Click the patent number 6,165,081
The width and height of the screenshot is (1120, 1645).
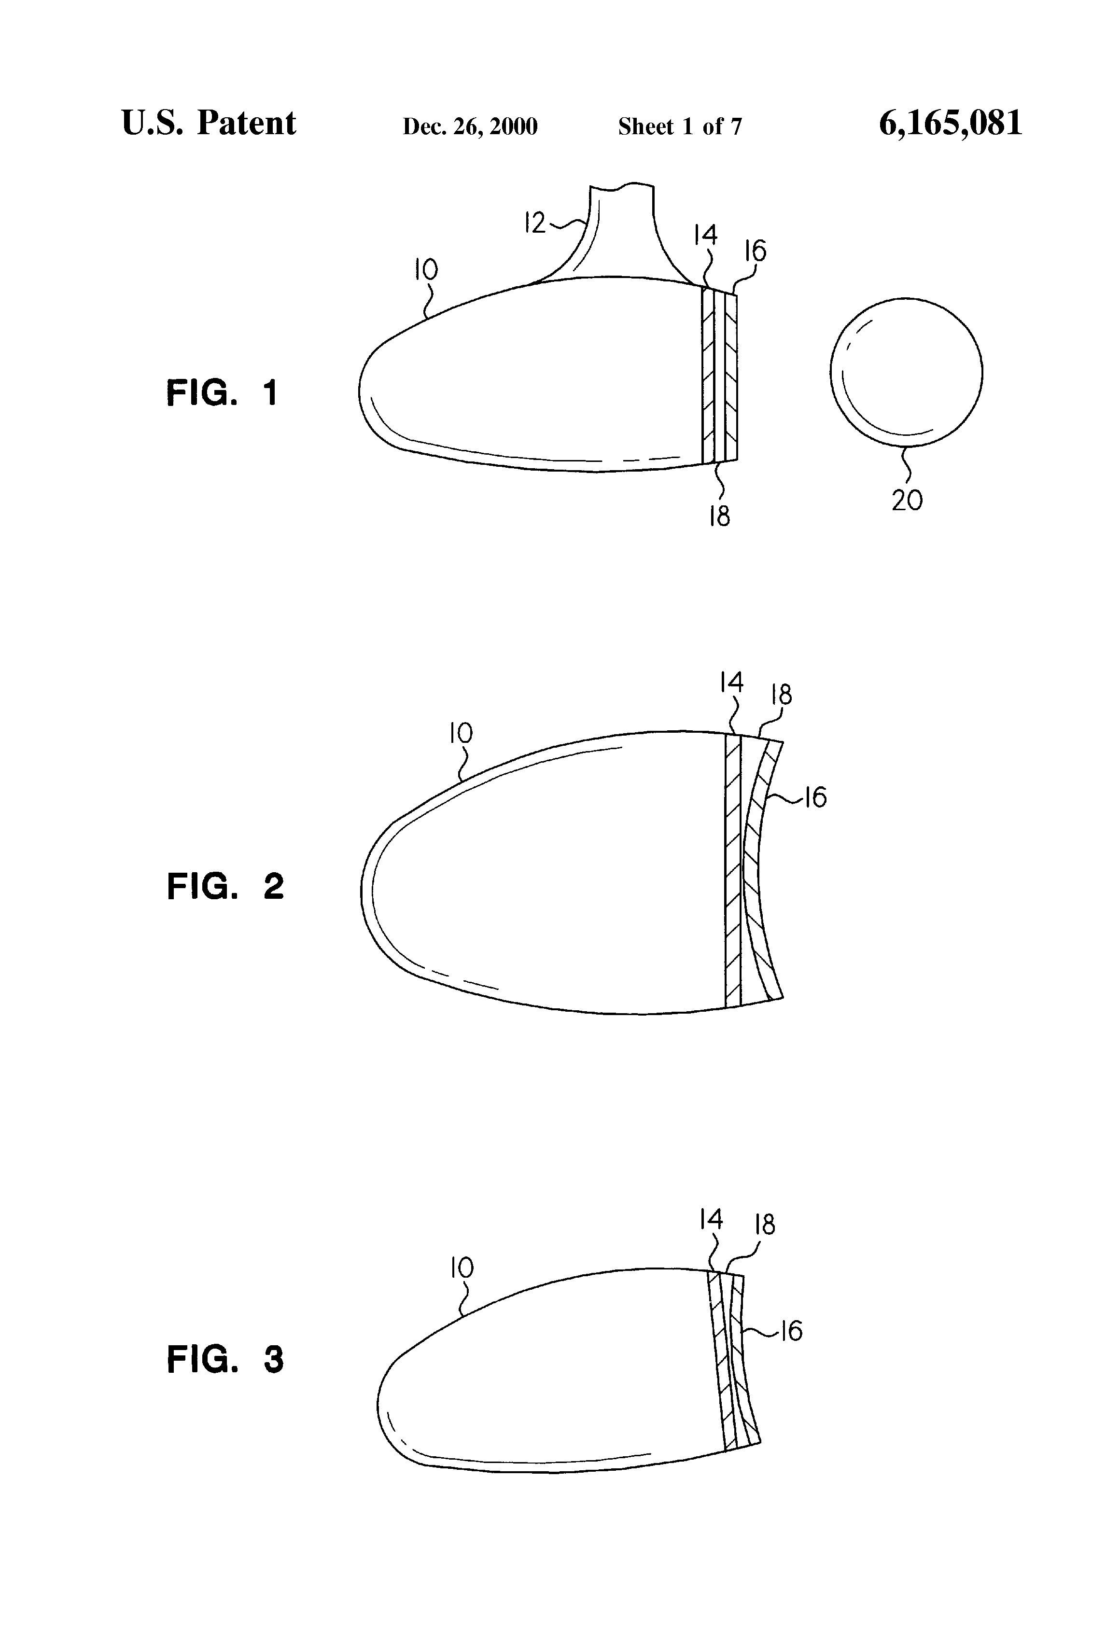tap(950, 123)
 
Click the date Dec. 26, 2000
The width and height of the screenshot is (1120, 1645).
tap(470, 126)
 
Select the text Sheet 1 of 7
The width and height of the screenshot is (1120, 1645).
tap(680, 126)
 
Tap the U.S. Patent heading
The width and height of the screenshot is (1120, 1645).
tap(209, 123)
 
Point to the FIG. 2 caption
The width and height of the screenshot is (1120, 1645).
tap(225, 886)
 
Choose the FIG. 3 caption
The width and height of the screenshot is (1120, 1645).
tap(225, 1360)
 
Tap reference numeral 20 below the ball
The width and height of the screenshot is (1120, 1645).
tap(907, 501)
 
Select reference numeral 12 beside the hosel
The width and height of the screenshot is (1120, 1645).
tap(534, 223)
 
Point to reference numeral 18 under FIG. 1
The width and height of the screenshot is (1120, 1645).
tap(719, 516)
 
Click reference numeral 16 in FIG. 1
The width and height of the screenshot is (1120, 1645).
tap(756, 251)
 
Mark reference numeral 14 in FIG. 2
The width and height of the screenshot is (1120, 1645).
tap(731, 683)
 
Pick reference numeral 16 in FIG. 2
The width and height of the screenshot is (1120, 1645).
tap(815, 798)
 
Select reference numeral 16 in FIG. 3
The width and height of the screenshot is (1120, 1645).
tap(791, 1331)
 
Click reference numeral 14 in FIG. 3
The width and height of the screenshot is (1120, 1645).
tap(711, 1219)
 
